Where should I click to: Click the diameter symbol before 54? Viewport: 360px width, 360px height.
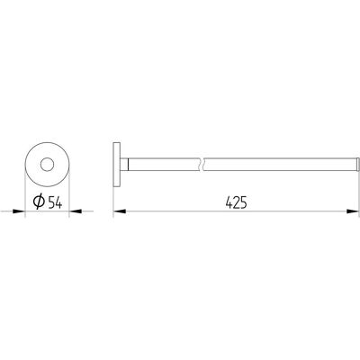(39, 202)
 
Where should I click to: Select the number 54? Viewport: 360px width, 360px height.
(55, 203)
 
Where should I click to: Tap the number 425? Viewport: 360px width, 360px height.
(236, 202)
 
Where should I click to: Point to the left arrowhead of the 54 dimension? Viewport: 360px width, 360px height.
(19, 211)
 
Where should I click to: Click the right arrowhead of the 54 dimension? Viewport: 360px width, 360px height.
(76, 211)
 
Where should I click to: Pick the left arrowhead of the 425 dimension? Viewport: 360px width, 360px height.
(120, 211)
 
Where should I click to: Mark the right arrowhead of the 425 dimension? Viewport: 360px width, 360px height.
(353, 211)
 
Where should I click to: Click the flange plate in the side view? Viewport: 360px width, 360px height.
(117, 165)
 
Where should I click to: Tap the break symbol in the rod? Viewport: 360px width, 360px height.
(202, 165)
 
